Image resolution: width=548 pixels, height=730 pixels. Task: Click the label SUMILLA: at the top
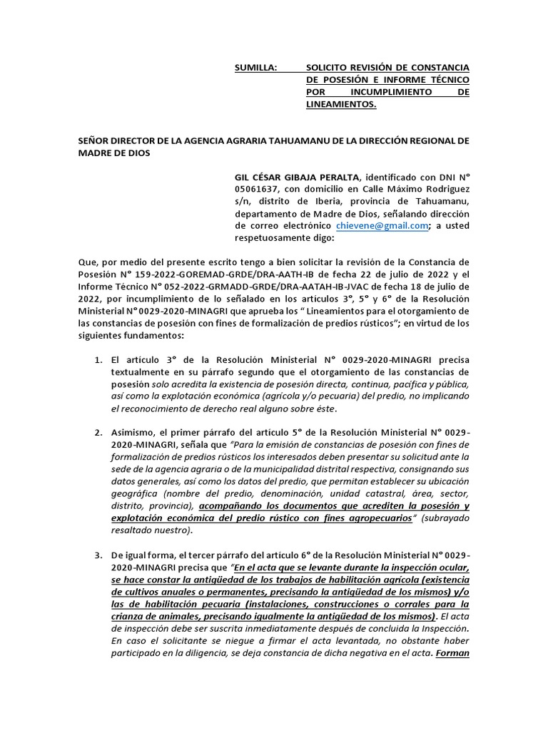255,67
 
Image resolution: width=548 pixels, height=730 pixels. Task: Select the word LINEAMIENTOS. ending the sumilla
341,105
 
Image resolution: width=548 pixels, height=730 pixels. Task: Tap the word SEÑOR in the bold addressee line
95,140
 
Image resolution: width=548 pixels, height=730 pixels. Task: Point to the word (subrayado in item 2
445,518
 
